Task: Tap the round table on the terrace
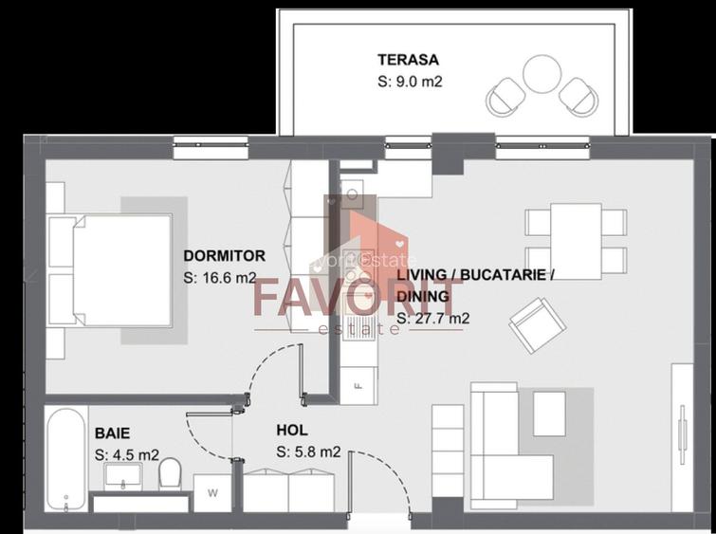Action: [543, 74]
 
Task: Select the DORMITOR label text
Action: [224, 256]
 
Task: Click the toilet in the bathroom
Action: [170, 471]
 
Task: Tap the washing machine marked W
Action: [211, 491]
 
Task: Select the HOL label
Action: [292, 430]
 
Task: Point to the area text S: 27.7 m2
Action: [432, 319]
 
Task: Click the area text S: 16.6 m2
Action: [220, 279]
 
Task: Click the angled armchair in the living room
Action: [534, 324]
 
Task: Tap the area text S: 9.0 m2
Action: [411, 82]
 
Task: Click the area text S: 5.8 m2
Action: [309, 452]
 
